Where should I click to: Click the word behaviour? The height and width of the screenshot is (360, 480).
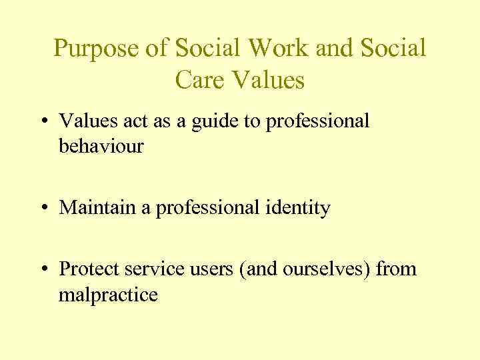101,146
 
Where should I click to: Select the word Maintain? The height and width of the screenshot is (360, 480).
99,208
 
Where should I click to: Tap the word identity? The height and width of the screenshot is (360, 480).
297,208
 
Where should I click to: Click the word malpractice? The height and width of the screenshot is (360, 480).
108,294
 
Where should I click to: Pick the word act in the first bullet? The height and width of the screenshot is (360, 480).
131,121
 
